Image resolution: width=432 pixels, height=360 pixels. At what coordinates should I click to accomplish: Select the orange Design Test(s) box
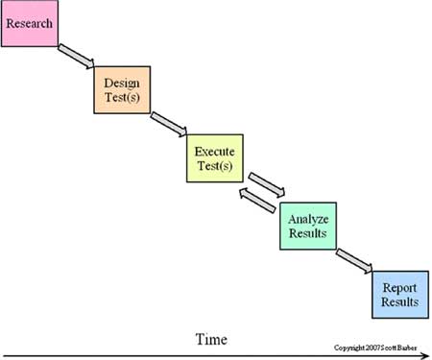pyautogui.click(x=122, y=93)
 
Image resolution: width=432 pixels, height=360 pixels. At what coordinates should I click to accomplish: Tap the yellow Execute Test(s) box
pyautogui.click(x=214, y=159)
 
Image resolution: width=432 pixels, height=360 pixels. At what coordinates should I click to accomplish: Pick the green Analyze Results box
pyautogui.click(x=308, y=225)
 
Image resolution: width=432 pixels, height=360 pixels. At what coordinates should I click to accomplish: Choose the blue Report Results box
pyautogui.click(x=398, y=293)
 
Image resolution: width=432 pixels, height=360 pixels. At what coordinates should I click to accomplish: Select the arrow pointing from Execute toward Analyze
pyautogui.click(x=267, y=182)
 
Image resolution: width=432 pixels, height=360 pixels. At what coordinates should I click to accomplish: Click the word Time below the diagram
pyautogui.click(x=212, y=339)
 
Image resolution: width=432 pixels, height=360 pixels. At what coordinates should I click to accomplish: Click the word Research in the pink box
pyautogui.click(x=31, y=18)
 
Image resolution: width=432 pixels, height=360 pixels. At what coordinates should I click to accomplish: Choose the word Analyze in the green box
pyautogui.click(x=308, y=217)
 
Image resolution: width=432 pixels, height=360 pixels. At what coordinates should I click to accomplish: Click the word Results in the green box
pyautogui.click(x=308, y=232)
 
